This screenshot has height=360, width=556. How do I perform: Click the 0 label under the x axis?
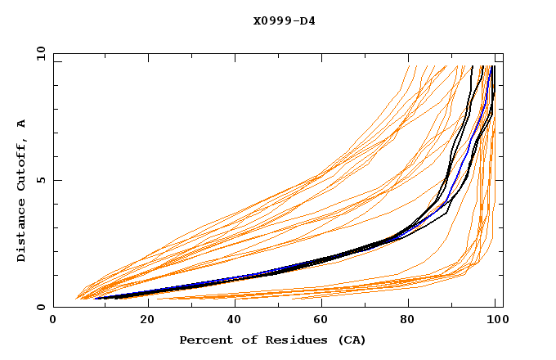pyautogui.click(x=54, y=322)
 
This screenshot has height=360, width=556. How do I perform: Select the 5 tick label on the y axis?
pyautogui.click(x=40, y=180)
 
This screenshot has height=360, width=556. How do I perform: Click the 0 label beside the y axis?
pyautogui.click(x=40, y=308)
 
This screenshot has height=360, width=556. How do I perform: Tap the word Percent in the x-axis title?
pyautogui.click(x=204, y=340)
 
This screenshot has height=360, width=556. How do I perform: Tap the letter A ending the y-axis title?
pyautogui.click(x=21, y=123)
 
